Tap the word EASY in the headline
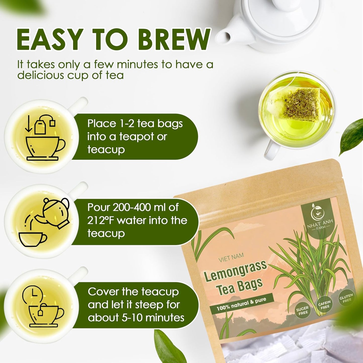(50, 40)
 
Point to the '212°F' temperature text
(101, 221)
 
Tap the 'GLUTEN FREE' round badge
(346, 298)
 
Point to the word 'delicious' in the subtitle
(40, 75)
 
